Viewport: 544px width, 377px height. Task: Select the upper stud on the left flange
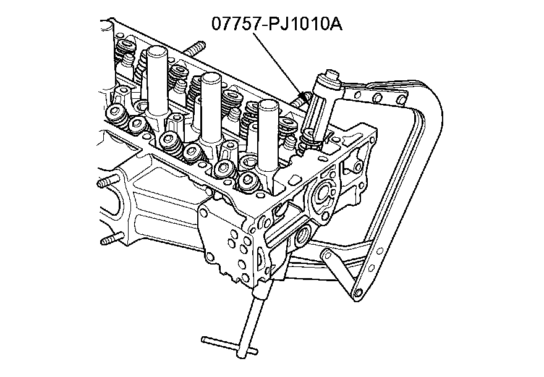click(x=106, y=184)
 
